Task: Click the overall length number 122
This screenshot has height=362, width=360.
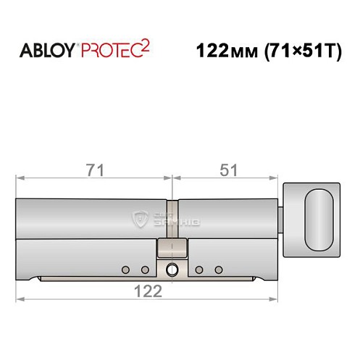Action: click(148, 290)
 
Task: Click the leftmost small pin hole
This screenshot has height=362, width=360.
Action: click(125, 270)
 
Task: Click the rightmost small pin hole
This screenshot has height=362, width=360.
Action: click(218, 270)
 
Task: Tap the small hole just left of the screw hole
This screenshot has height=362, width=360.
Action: click(145, 270)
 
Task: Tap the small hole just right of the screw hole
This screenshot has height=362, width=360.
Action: click(198, 270)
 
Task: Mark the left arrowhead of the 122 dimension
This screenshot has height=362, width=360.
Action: click(21, 298)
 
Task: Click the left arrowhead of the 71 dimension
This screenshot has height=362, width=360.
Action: click(21, 177)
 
